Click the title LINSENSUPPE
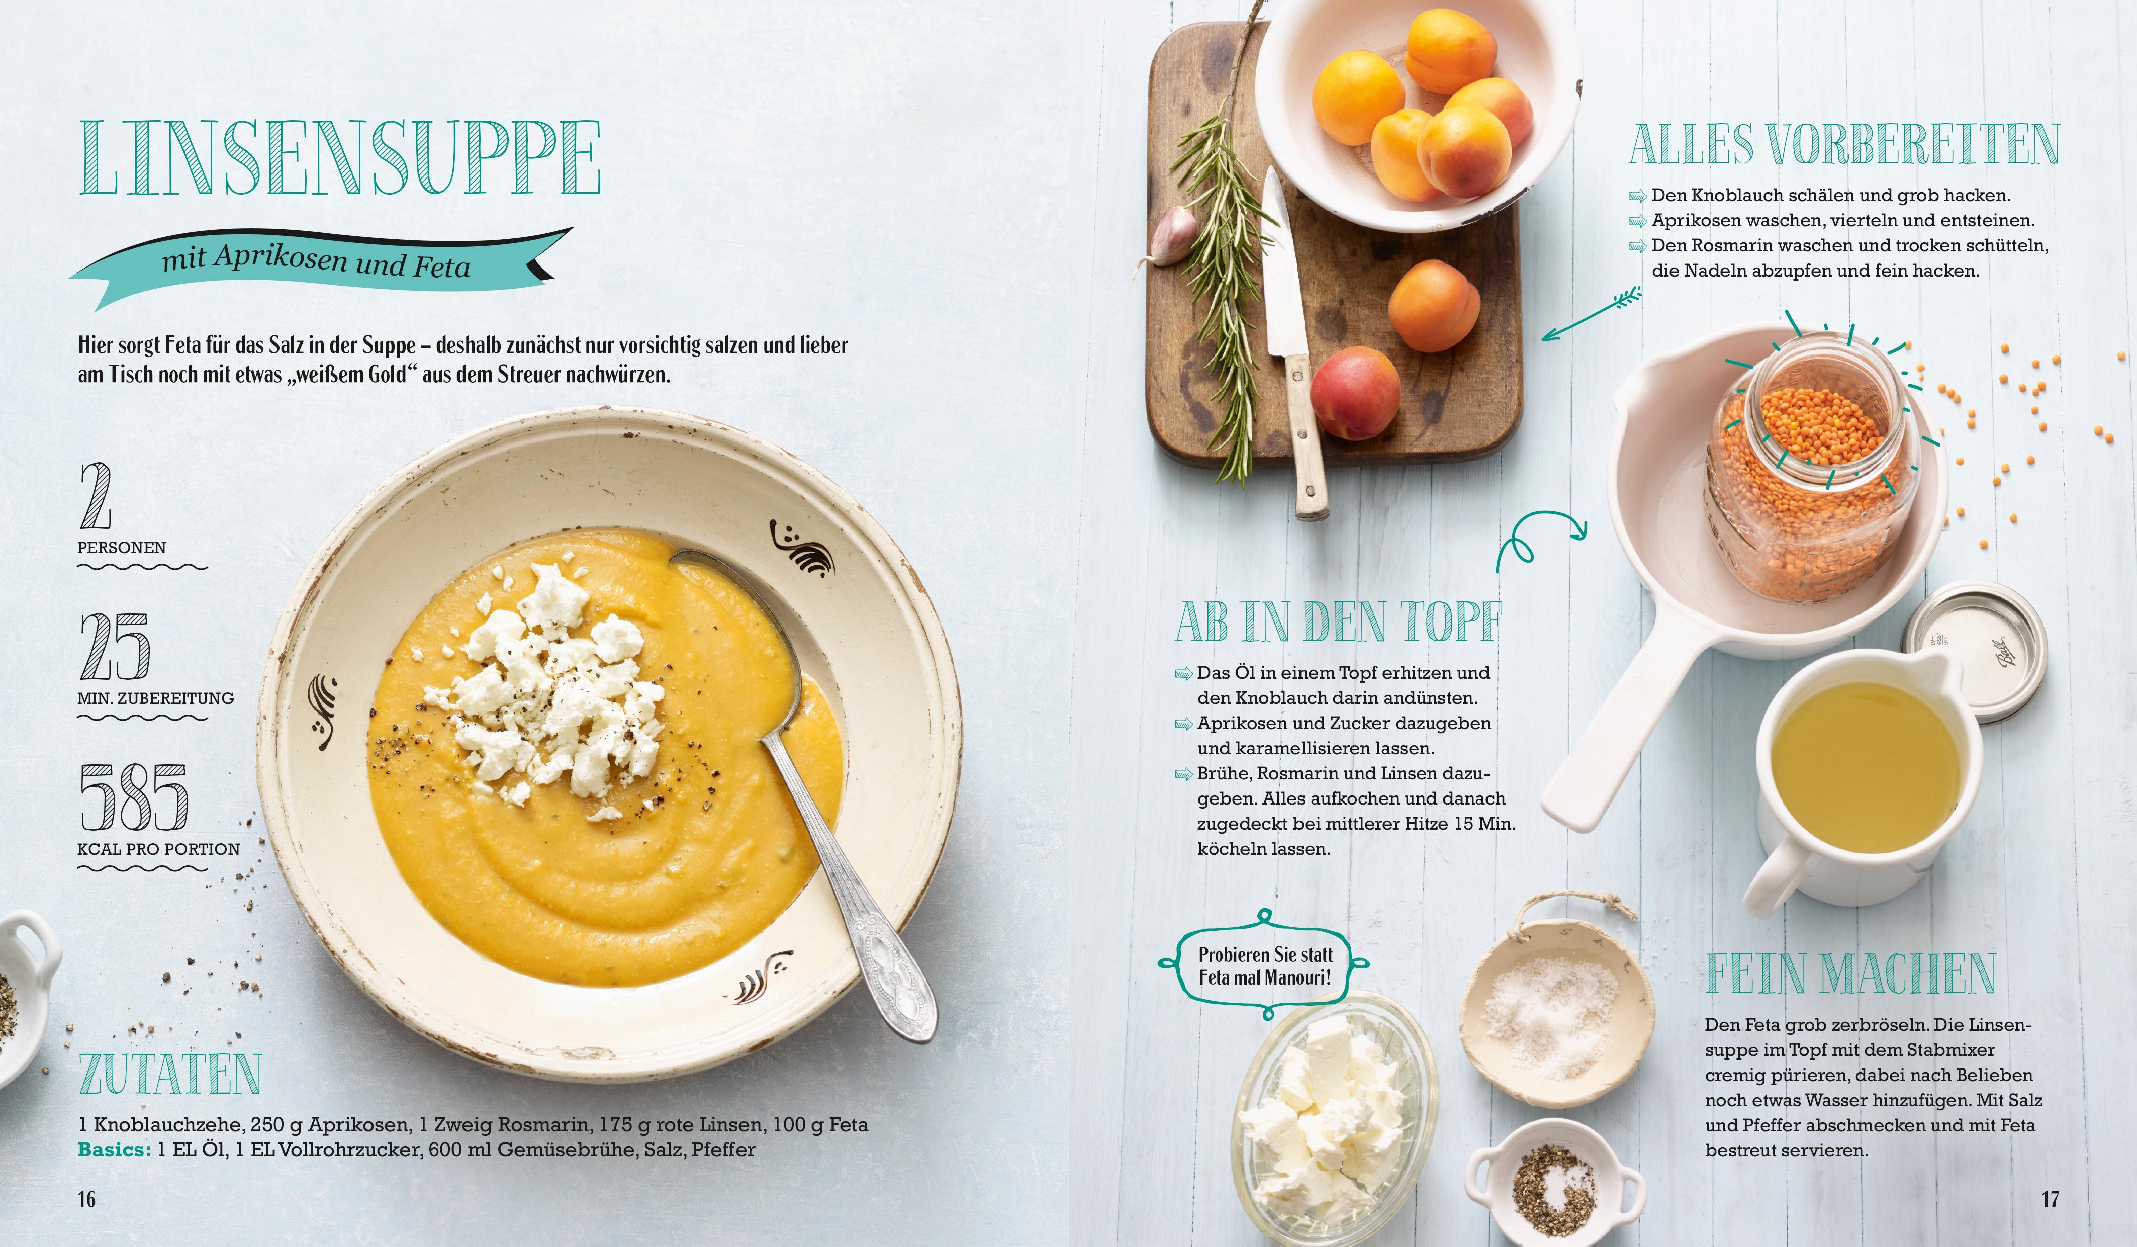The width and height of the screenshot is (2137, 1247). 340,158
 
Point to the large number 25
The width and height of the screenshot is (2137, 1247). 115,647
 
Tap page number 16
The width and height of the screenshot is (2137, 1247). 86,1199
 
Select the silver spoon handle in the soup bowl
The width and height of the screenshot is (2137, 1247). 857,899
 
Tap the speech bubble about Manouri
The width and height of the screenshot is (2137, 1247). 1263,965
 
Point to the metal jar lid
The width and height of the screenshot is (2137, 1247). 1976,652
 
